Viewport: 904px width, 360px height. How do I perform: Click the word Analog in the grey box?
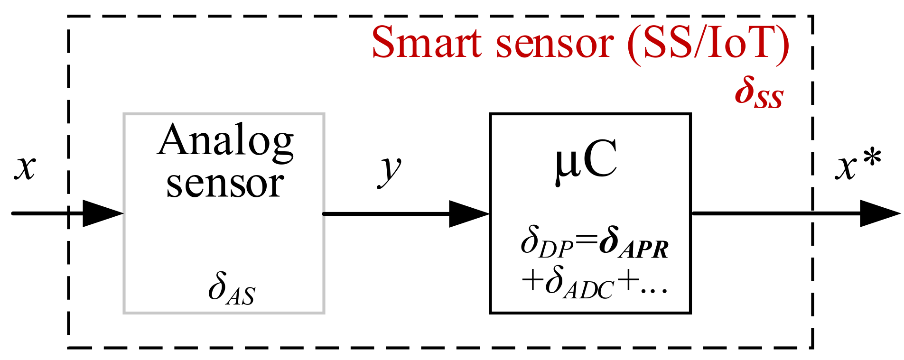coord(225,140)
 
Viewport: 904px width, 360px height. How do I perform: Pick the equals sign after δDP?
coord(587,242)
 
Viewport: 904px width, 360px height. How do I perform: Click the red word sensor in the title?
coord(555,44)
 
